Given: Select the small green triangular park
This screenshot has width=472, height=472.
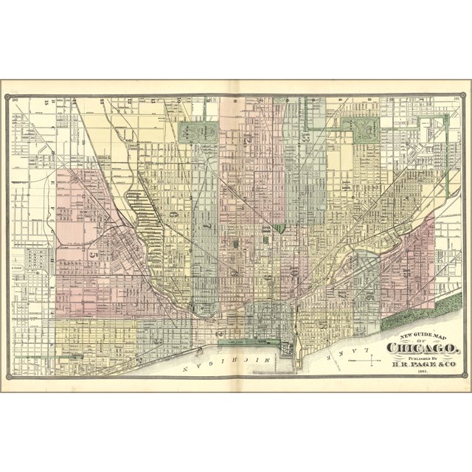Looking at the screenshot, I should pos(280,228).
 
